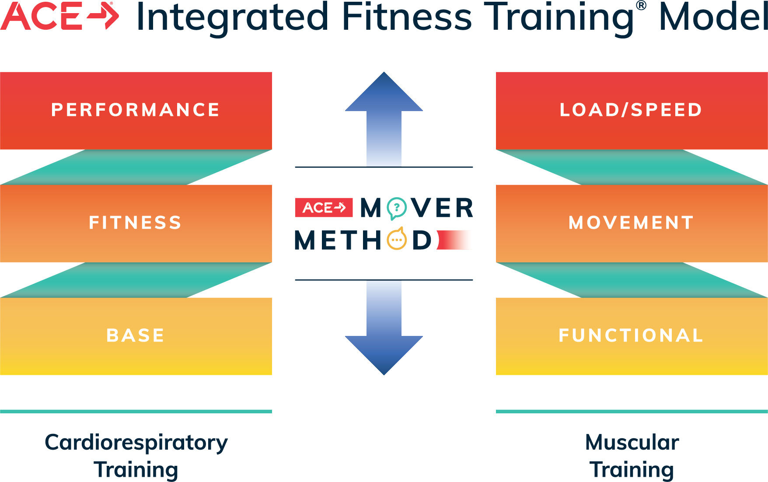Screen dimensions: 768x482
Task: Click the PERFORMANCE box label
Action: click(135, 110)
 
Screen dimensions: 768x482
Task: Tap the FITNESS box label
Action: click(135, 223)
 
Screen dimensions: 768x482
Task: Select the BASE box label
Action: click(135, 335)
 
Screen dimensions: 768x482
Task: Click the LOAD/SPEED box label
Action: click(631, 110)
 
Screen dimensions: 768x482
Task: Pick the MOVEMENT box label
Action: click(631, 223)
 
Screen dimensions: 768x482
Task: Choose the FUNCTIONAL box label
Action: click(631, 335)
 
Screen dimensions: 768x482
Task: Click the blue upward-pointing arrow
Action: click(384, 119)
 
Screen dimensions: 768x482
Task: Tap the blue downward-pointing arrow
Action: click(384, 328)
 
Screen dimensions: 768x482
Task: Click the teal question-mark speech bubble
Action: click(397, 208)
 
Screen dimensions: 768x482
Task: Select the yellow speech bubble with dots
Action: click(397, 239)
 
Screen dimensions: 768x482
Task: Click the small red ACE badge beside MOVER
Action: click(324, 207)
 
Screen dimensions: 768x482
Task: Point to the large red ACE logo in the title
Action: click(59, 16)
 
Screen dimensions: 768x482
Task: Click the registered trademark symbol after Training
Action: click(641, 6)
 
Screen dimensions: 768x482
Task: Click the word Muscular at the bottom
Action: click(632, 442)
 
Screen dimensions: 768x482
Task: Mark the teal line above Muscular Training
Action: click(632, 412)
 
